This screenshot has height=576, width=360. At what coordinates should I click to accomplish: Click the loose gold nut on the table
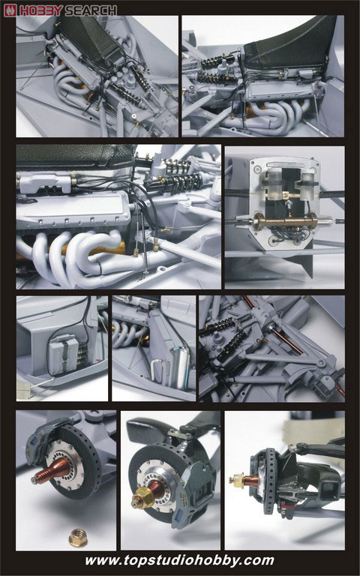pos(78,538)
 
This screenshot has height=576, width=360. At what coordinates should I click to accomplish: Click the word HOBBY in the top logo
pos(41,10)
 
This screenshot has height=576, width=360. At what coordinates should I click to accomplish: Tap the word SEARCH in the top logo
pos(91,10)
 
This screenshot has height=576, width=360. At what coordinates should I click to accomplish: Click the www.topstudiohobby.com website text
pos(180,560)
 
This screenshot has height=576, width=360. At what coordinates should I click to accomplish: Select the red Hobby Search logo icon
pos(10,10)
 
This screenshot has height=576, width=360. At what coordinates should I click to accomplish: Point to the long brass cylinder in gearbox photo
pos(286,221)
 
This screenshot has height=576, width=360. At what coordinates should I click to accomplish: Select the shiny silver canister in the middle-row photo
pos(181,364)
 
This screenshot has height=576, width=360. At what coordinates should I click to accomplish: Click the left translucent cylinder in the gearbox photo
pos(272,184)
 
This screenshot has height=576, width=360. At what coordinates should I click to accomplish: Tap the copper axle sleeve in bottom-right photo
pos(252,480)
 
